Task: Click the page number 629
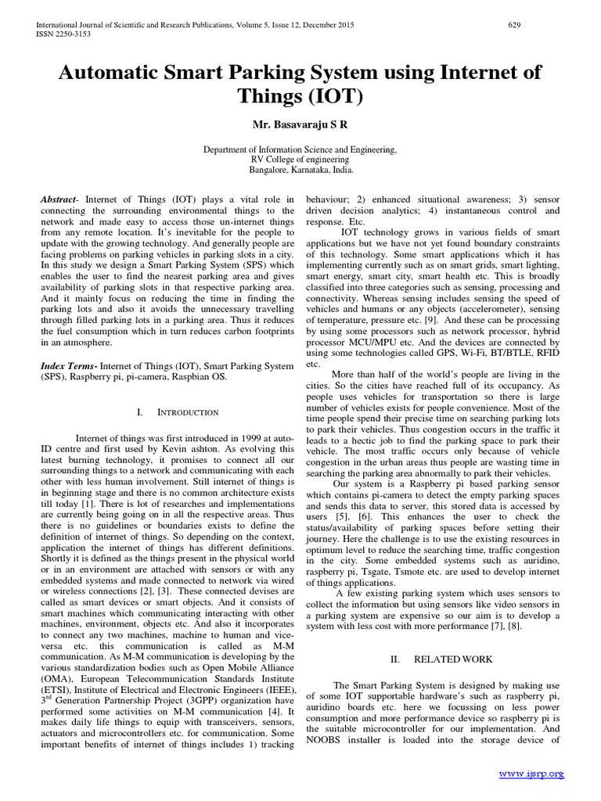(514, 26)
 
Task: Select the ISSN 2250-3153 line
(61, 35)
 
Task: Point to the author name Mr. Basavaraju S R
(300, 124)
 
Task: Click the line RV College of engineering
(300, 159)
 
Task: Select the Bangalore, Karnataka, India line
(300, 169)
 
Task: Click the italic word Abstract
(59, 200)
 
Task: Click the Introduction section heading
(188, 412)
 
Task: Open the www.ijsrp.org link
(531, 774)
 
